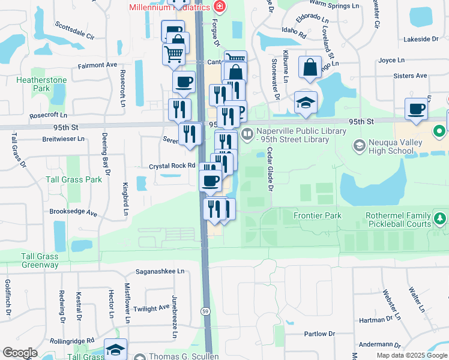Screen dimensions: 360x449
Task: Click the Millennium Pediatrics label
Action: (169, 7)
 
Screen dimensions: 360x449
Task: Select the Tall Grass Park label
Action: (74, 179)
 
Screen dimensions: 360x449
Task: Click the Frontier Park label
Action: (317, 215)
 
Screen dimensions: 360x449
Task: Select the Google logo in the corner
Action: (20, 353)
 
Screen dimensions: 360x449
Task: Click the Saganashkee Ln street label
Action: (160, 271)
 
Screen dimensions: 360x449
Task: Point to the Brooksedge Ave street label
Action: (73, 212)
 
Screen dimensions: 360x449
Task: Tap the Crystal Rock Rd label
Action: (173, 166)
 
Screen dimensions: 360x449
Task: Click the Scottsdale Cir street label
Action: (74, 31)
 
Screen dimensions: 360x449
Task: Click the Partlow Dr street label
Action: (319, 334)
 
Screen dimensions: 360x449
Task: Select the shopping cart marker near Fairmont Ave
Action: (173, 53)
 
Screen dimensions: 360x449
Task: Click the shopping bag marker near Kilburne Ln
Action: (310, 68)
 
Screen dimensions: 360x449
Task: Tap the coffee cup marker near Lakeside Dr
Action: (415, 108)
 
